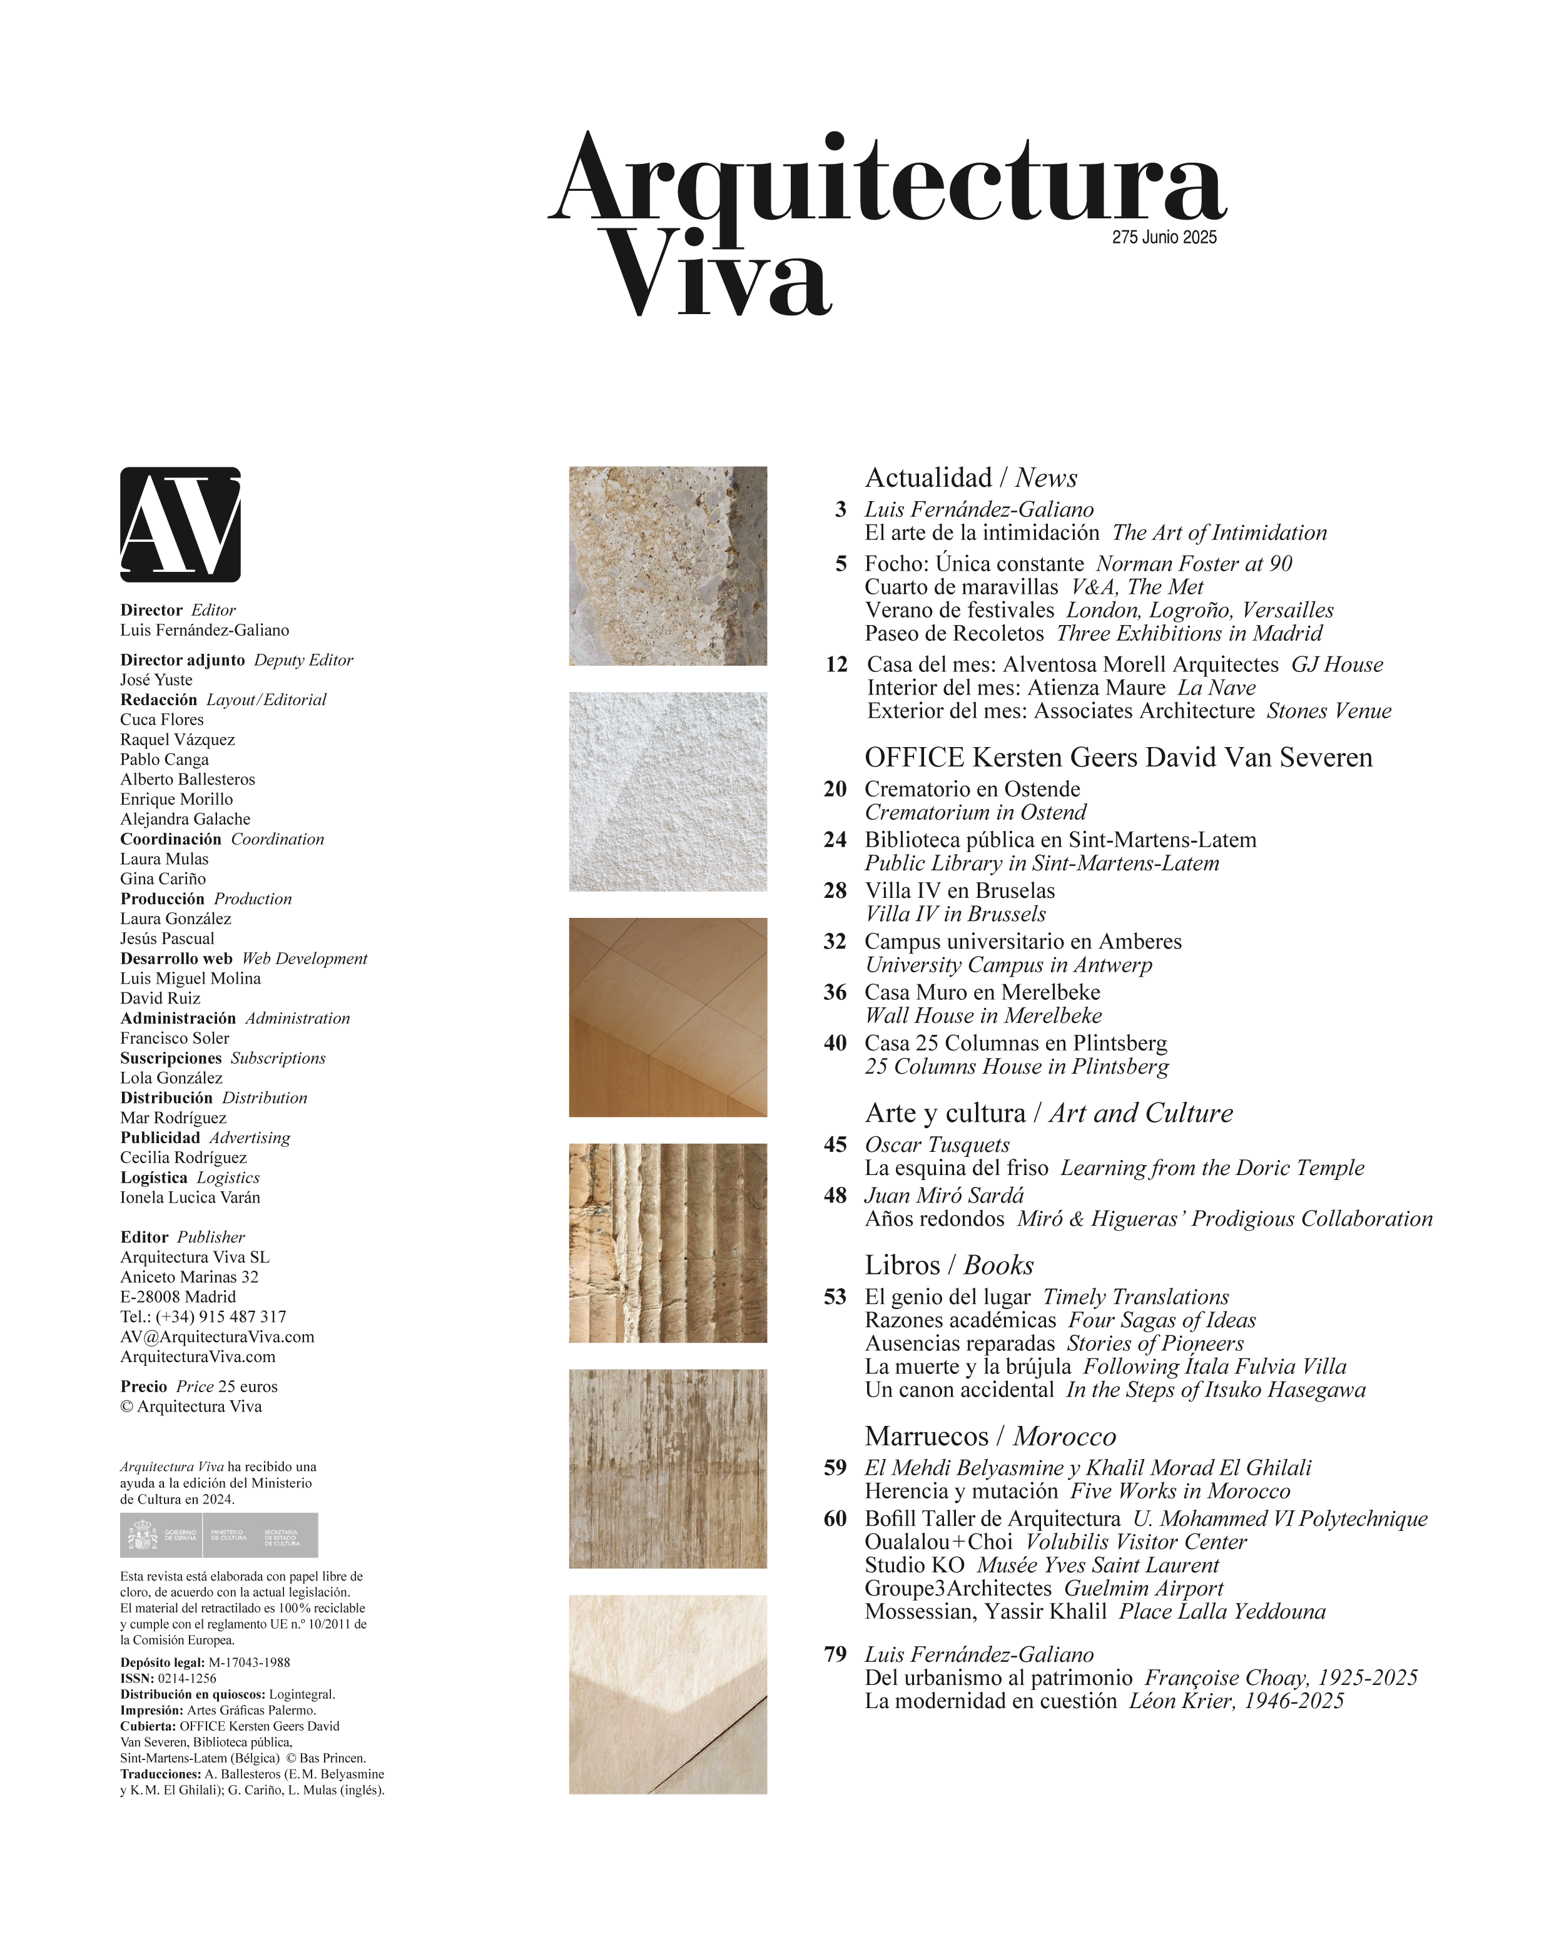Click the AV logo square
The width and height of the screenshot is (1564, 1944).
180,524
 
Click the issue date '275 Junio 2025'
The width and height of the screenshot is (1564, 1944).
1164,237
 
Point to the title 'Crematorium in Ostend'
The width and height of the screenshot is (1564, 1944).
975,812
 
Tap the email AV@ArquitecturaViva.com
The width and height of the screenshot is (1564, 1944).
217,1336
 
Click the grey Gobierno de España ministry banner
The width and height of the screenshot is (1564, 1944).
218,1535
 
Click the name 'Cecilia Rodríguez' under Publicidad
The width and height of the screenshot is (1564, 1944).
183,1157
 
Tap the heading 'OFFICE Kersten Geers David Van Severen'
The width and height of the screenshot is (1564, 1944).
1118,758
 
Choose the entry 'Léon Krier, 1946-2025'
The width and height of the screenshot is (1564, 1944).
1236,1701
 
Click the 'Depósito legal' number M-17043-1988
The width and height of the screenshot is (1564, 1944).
249,1662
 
